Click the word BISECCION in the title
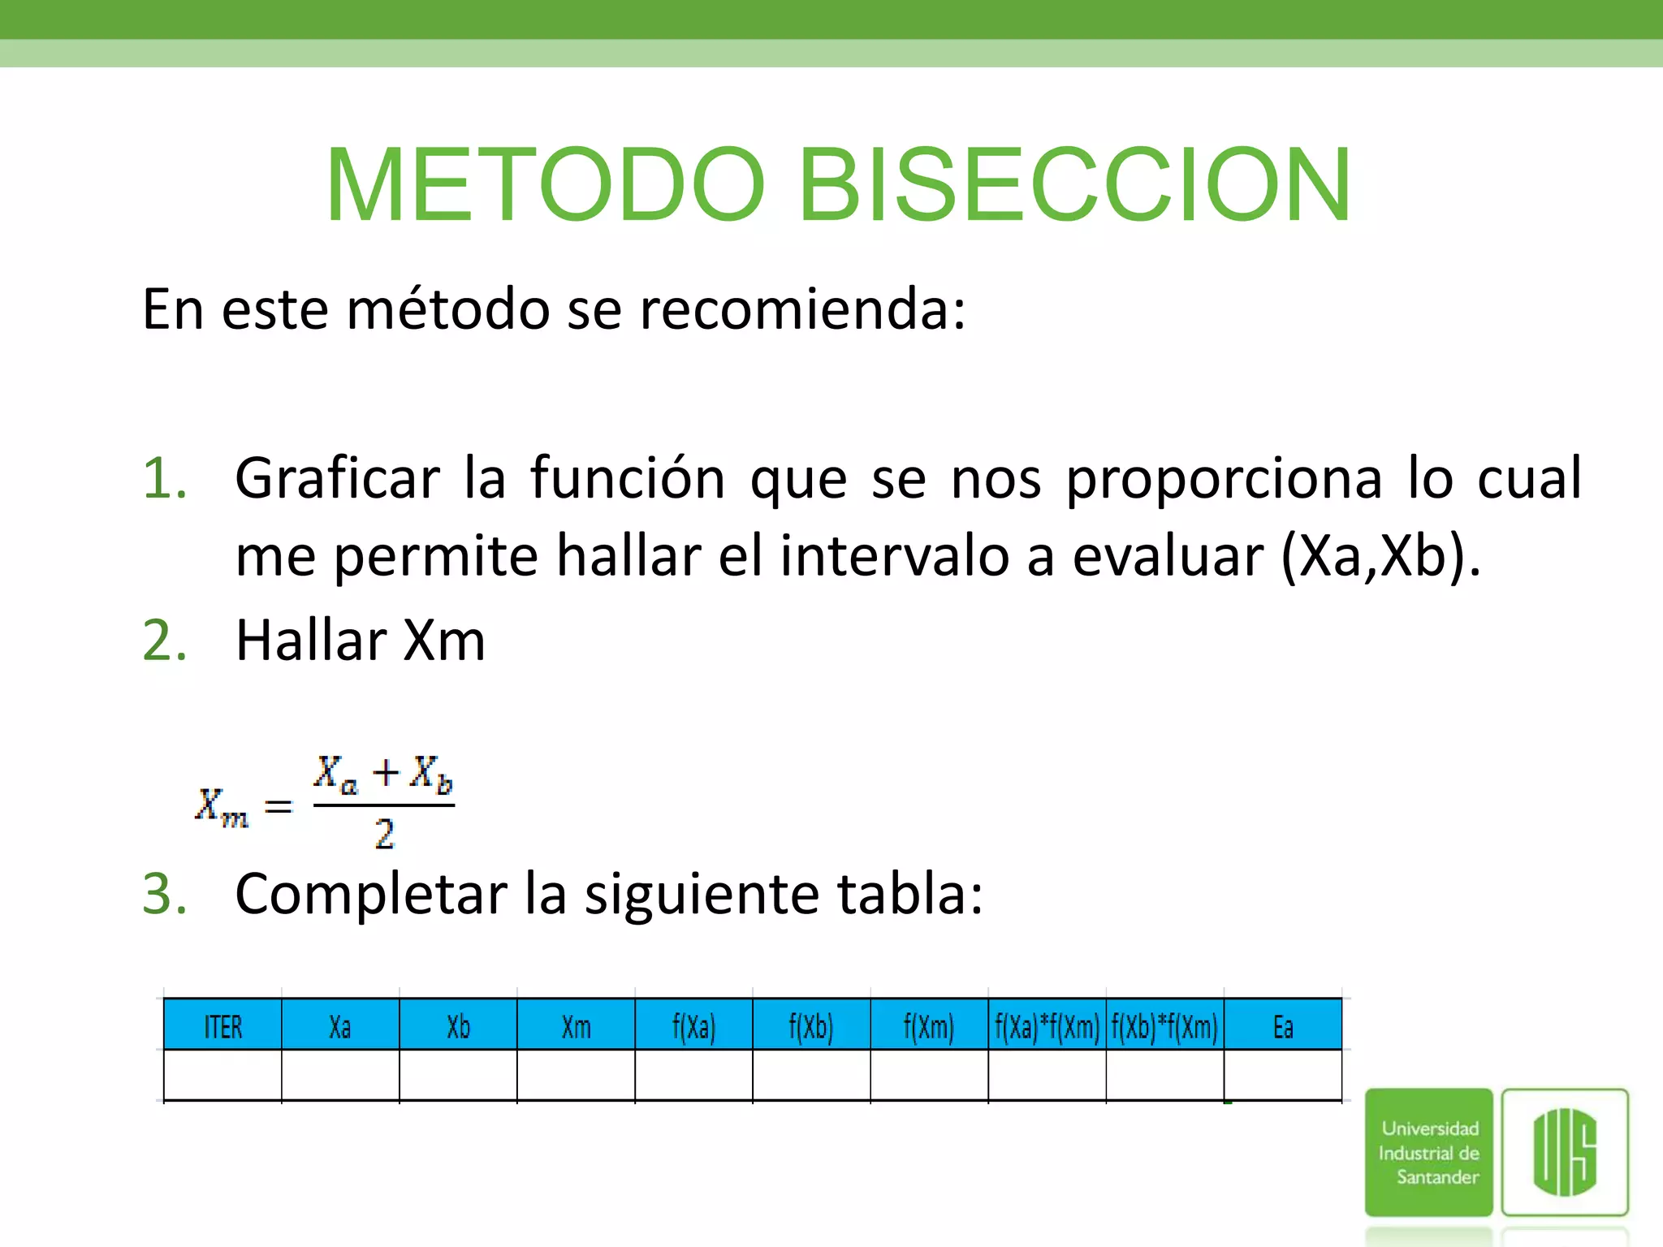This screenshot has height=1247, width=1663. pos(1075,185)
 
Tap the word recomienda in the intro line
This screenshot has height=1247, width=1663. pos(802,310)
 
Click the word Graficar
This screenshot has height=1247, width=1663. pos(337,478)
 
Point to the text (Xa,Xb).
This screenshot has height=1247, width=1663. pos(1380,557)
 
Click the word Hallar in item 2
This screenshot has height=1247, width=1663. pos(311,641)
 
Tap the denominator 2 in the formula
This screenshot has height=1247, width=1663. pos(384,835)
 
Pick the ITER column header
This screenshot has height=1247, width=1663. pos(222,1027)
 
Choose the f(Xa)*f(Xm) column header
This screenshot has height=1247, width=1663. pos(1047,1027)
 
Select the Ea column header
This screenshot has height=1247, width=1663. pos(1282,1027)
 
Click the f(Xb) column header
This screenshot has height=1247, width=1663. pos(811,1027)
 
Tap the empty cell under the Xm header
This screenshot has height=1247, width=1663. pos(576,1075)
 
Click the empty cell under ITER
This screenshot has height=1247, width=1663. pos(222,1075)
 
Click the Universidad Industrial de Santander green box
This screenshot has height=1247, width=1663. pos(1428,1152)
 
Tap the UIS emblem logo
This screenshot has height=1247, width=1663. pos(1565,1152)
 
